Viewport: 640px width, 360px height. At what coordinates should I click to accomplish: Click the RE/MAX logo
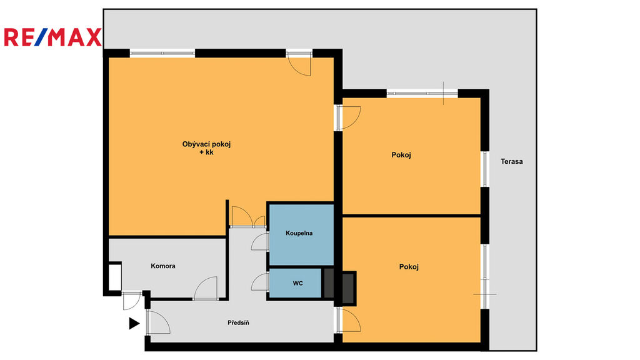[x=52, y=37]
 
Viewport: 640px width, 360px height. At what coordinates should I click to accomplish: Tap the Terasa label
[x=511, y=161]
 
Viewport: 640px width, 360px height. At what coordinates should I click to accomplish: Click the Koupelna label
[x=299, y=233]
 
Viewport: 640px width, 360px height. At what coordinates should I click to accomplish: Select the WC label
[x=297, y=283]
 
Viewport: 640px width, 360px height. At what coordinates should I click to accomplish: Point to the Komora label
[x=163, y=266]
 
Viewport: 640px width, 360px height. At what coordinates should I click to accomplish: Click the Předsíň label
[x=238, y=323]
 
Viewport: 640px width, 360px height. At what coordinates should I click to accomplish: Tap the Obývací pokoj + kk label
[x=206, y=148]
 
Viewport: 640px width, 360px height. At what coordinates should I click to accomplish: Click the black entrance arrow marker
[x=134, y=323]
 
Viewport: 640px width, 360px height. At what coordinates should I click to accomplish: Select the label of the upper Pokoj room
[x=401, y=155]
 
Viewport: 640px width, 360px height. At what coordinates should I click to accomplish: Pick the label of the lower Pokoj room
[x=409, y=267]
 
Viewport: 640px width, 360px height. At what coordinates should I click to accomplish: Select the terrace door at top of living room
[x=299, y=64]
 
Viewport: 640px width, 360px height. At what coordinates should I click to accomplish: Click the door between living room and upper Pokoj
[x=349, y=117]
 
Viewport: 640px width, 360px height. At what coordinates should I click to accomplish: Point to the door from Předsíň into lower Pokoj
[x=349, y=319]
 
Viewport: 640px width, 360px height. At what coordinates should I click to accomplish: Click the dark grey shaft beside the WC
[x=329, y=283]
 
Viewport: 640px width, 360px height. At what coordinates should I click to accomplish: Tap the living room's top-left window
[x=162, y=53]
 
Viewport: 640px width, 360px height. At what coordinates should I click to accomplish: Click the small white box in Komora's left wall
[x=115, y=277]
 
